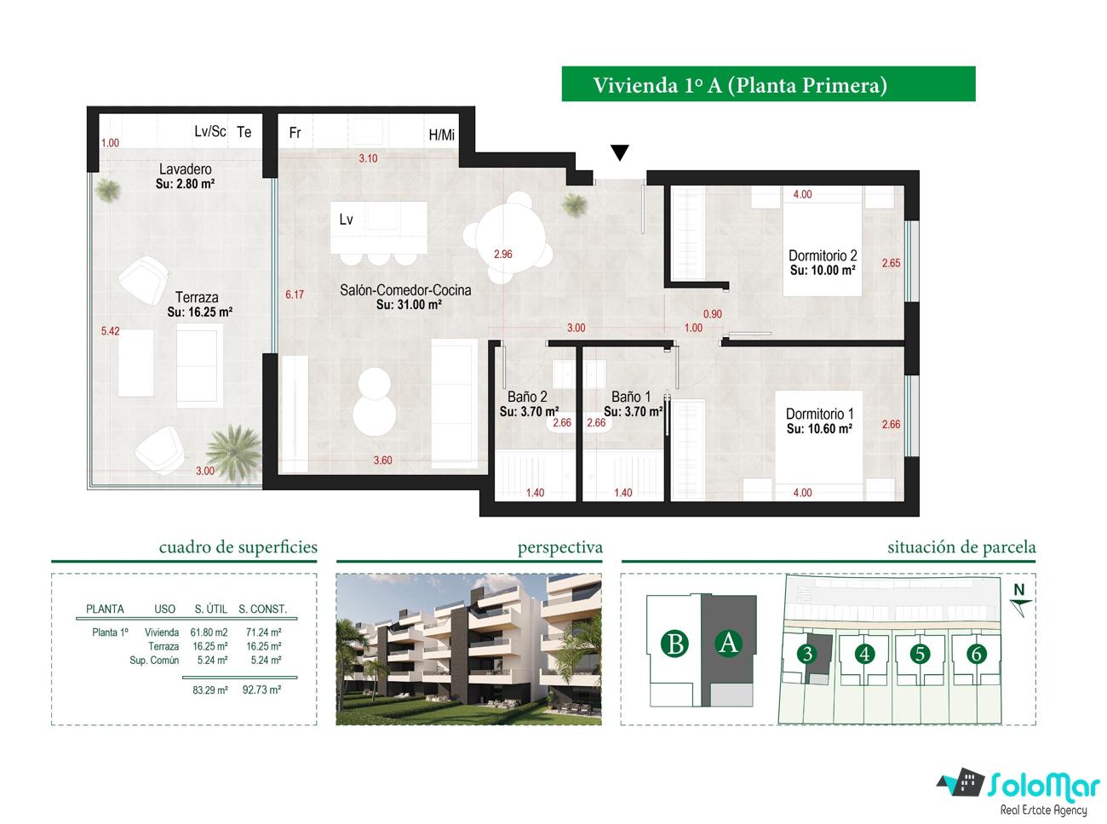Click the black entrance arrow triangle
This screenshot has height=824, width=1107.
tap(619, 152)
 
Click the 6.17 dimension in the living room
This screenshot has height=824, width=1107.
tap(295, 295)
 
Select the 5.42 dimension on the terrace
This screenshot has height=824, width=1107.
tap(111, 331)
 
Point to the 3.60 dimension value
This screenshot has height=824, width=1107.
tap(383, 461)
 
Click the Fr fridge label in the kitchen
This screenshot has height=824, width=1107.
tap(295, 132)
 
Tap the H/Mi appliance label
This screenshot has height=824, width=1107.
tap(442, 134)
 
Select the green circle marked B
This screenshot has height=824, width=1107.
tap(674, 644)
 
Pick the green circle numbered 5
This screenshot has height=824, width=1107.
tap(920, 653)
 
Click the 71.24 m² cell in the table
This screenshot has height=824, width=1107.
tap(263, 632)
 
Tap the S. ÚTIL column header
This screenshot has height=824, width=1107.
tap(210, 609)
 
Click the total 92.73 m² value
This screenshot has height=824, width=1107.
tap(261, 690)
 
